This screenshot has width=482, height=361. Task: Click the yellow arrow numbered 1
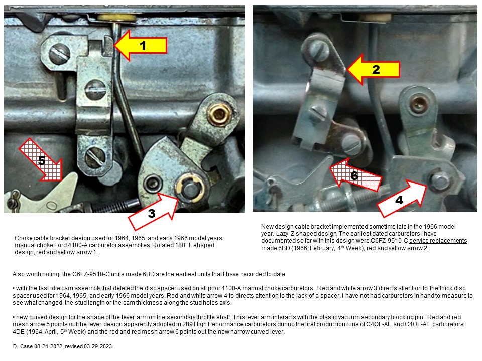pos(140,46)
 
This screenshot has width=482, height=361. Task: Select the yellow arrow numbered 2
pos(373,69)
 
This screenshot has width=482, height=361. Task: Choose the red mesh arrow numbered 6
pos(355,174)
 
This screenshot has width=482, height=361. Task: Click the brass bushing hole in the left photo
pos(219,114)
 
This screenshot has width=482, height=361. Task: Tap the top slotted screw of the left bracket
pos(59,54)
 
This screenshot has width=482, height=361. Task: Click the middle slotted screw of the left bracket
pos(95,90)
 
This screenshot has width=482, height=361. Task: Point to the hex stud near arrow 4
pos(439,180)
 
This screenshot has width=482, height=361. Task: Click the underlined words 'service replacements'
pos(438,241)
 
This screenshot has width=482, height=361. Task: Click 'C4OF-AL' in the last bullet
pos(379,324)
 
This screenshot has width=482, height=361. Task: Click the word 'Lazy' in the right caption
pos(282,234)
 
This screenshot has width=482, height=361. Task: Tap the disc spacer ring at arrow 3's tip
pos(190,188)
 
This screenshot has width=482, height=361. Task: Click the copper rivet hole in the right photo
pos(419,104)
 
